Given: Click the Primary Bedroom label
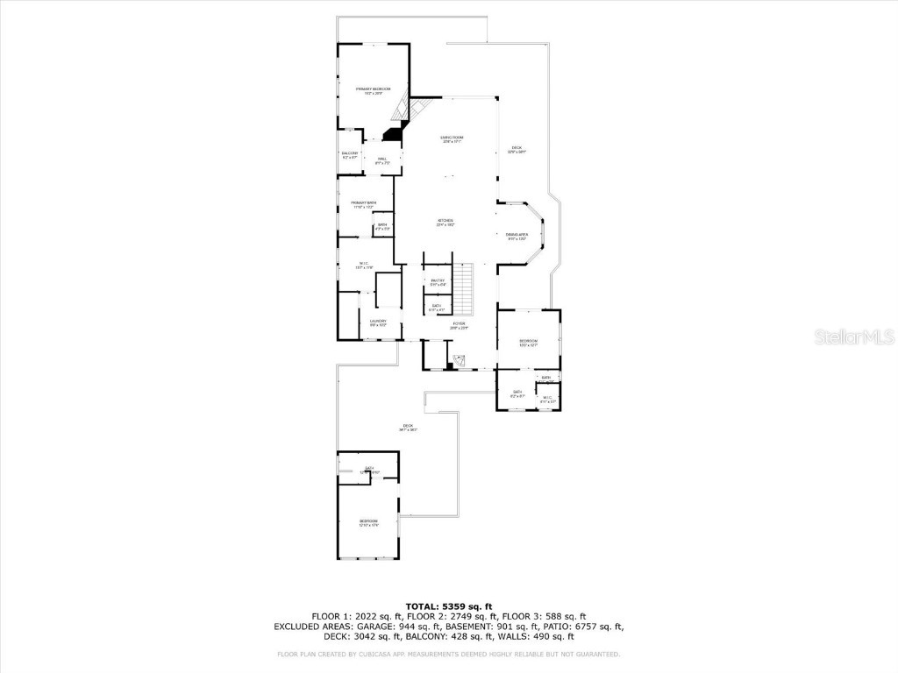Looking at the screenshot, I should [x=373, y=90].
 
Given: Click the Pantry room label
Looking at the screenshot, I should [x=438, y=282].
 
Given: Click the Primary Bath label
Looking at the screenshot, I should [x=364, y=205].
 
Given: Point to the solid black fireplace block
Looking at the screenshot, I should [x=392, y=133].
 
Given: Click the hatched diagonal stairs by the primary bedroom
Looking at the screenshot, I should [x=402, y=108].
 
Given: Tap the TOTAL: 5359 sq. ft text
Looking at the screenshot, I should [x=448, y=606].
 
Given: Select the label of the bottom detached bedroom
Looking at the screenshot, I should [x=368, y=523].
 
